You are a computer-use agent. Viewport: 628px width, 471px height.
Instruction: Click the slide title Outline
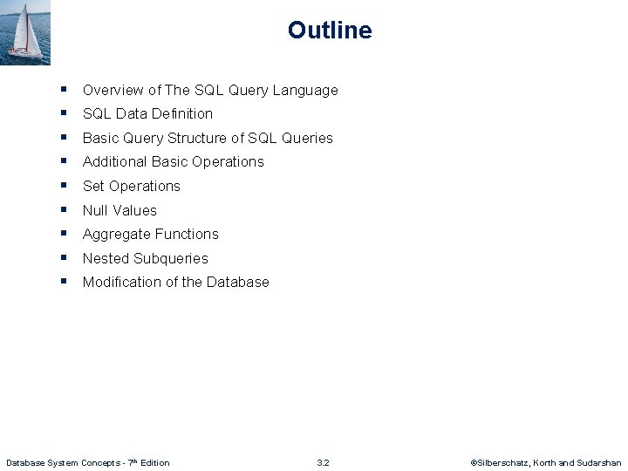click(330, 31)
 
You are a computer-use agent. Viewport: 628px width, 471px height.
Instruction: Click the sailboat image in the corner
click(25, 32)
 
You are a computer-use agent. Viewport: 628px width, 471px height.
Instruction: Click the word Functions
click(187, 234)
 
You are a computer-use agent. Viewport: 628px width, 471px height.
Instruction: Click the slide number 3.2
click(323, 462)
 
